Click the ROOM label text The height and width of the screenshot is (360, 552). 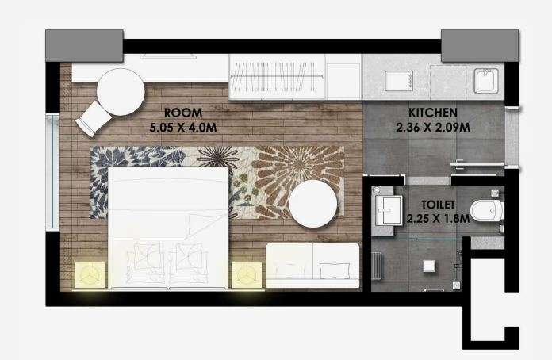click(183, 113)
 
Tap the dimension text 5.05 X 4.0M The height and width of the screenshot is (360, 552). click(183, 127)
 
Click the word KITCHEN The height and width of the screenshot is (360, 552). click(433, 113)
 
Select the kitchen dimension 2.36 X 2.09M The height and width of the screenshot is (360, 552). click(433, 127)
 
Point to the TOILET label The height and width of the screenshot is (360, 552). click(439, 205)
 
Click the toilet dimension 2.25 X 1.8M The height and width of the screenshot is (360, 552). click(438, 219)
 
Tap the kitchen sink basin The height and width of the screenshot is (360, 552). click(486, 81)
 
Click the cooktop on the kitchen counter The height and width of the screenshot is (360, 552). click(399, 81)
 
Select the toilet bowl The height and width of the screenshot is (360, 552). click(487, 211)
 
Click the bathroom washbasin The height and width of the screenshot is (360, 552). click(389, 210)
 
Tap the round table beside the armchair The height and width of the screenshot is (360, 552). click(121, 92)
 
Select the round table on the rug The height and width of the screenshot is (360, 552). click(313, 205)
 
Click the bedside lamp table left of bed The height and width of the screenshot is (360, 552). click(90, 275)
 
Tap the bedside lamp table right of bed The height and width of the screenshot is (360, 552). click(247, 275)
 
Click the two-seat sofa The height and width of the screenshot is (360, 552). click(312, 266)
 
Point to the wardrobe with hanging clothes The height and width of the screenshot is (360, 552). click(276, 77)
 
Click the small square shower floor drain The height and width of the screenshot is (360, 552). click(429, 266)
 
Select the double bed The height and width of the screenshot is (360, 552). click(168, 228)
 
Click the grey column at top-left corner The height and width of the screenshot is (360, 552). click(84, 46)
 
